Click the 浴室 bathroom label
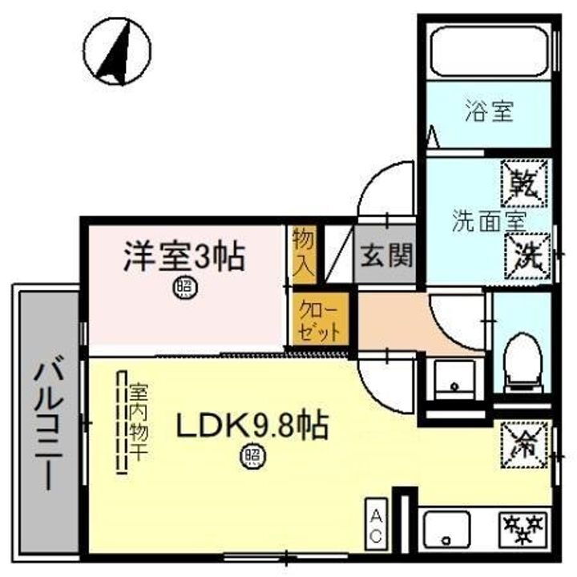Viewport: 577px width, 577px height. click(x=488, y=111)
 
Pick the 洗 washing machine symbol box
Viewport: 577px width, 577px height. click(x=526, y=256)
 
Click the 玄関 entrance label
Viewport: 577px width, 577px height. click(x=386, y=256)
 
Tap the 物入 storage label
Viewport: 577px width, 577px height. click(x=304, y=252)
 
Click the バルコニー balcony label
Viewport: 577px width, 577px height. click(x=46, y=425)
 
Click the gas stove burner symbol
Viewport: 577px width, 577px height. click(x=523, y=528)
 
